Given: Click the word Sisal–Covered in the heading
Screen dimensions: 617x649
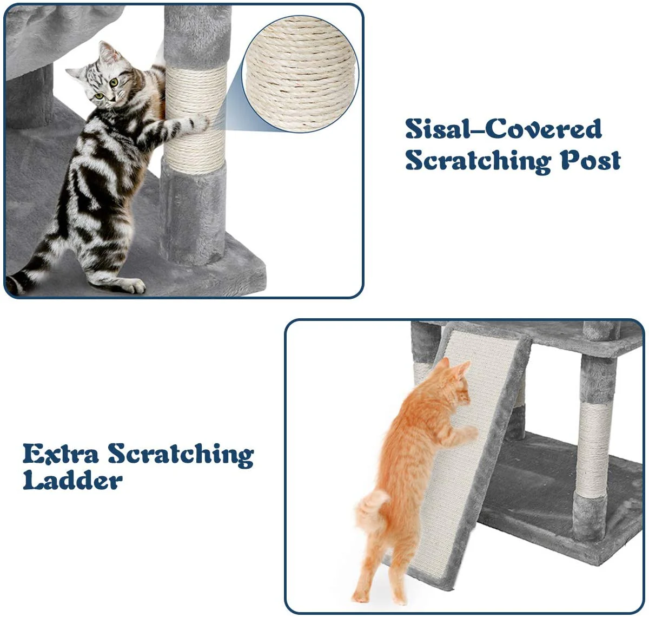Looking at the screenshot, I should coord(503,129).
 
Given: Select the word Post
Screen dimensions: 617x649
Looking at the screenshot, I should coord(590,160).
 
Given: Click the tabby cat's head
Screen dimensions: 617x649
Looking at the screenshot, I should coord(105,78).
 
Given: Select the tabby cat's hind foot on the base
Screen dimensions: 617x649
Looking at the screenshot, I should coord(130,285).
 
